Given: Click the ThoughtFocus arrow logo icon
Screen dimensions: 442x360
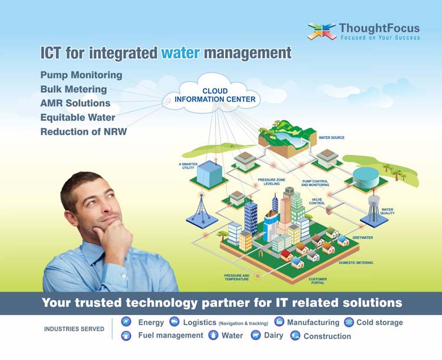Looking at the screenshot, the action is pyautogui.click(x=322, y=31).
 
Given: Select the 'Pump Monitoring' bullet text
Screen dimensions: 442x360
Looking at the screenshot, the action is pyautogui.click(x=81, y=75).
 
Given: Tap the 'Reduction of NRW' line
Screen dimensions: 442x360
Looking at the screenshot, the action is pyautogui.click(x=84, y=132).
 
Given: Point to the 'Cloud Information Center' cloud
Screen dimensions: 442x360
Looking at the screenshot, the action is pyautogui.click(x=211, y=94).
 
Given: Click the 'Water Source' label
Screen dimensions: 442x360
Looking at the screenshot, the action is pyautogui.click(x=331, y=138).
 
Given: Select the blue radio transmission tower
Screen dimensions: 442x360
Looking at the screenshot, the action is pyautogui.click(x=202, y=208).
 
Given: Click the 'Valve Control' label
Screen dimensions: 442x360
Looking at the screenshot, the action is pyautogui.click(x=317, y=201).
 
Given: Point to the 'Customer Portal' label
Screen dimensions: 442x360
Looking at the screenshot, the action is pyautogui.click(x=318, y=281).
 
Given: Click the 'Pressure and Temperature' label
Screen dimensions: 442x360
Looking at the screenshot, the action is pyautogui.click(x=237, y=277).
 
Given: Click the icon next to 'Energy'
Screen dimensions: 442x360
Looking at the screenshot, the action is pyautogui.click(x=126, y=322).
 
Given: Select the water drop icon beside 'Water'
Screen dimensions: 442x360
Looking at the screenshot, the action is pyautogui.click(x=213, y=335).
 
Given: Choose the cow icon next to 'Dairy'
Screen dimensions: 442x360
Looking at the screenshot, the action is pyautogui.click(x=256, y=335).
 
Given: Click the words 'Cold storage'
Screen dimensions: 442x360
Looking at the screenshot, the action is pyautogui.click(x=380, y=322).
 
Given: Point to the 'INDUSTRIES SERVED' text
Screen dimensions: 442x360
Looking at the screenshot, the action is pyautogui.click(x=74, y=329).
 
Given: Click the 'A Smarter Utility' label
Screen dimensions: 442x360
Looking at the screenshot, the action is pyautogui.click(x=189, y=166).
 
